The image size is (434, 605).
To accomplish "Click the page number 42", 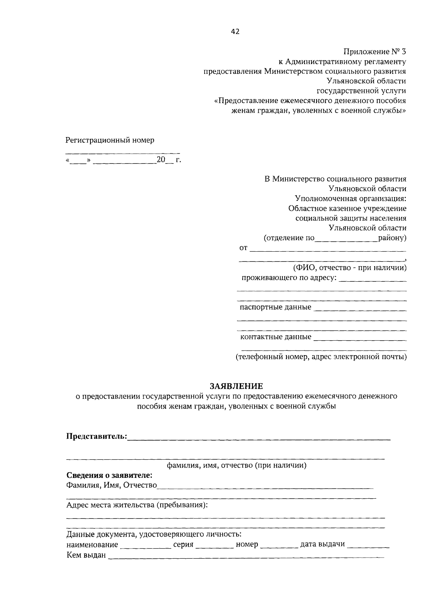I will tap(235, 32).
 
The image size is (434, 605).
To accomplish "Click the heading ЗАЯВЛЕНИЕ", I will tap(237, 386).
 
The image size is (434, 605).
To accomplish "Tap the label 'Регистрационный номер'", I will tap(110, 140).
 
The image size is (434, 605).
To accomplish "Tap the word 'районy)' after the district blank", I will tap(392, 238).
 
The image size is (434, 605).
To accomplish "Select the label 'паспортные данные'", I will tap(275, 307).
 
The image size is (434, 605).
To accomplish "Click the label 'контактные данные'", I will tap(276, 337).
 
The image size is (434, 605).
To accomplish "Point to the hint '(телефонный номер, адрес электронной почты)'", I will tap(321, 357).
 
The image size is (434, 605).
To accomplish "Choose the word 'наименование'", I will tap(92, 545).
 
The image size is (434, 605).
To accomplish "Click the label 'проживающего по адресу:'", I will tap(289, 278).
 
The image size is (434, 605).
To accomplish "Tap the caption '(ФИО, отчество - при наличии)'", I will tap(349, 268).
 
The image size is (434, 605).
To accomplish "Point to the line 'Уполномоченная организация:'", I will tap(350, 199).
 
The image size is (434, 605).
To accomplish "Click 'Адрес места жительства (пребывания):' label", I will tap(137, 505).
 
